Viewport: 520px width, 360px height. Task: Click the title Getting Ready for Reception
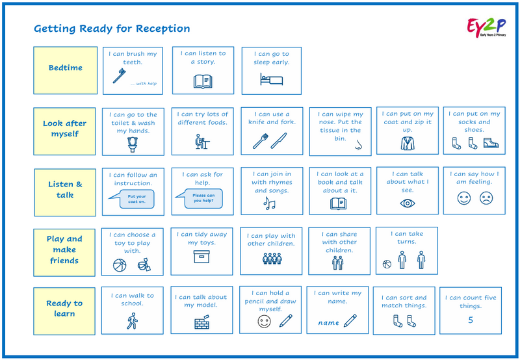point(112,29)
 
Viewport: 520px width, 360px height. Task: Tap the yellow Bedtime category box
point(66,68)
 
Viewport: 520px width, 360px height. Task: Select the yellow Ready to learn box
point(65,309)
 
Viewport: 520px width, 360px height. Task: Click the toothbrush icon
point(119,76)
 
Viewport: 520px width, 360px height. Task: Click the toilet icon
point(133,144)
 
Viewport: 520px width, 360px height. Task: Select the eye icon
point(408,203)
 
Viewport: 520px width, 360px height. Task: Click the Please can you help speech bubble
point(202,198)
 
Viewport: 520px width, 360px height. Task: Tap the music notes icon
point(269,203)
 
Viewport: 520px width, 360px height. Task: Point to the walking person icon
point(133,321)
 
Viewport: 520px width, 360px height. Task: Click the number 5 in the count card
point(471,320)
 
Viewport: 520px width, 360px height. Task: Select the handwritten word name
point(328,322)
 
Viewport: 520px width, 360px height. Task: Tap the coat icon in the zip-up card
point(408,143)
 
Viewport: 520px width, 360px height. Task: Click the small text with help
point(143,83)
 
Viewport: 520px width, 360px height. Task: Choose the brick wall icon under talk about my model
point(203,322)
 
